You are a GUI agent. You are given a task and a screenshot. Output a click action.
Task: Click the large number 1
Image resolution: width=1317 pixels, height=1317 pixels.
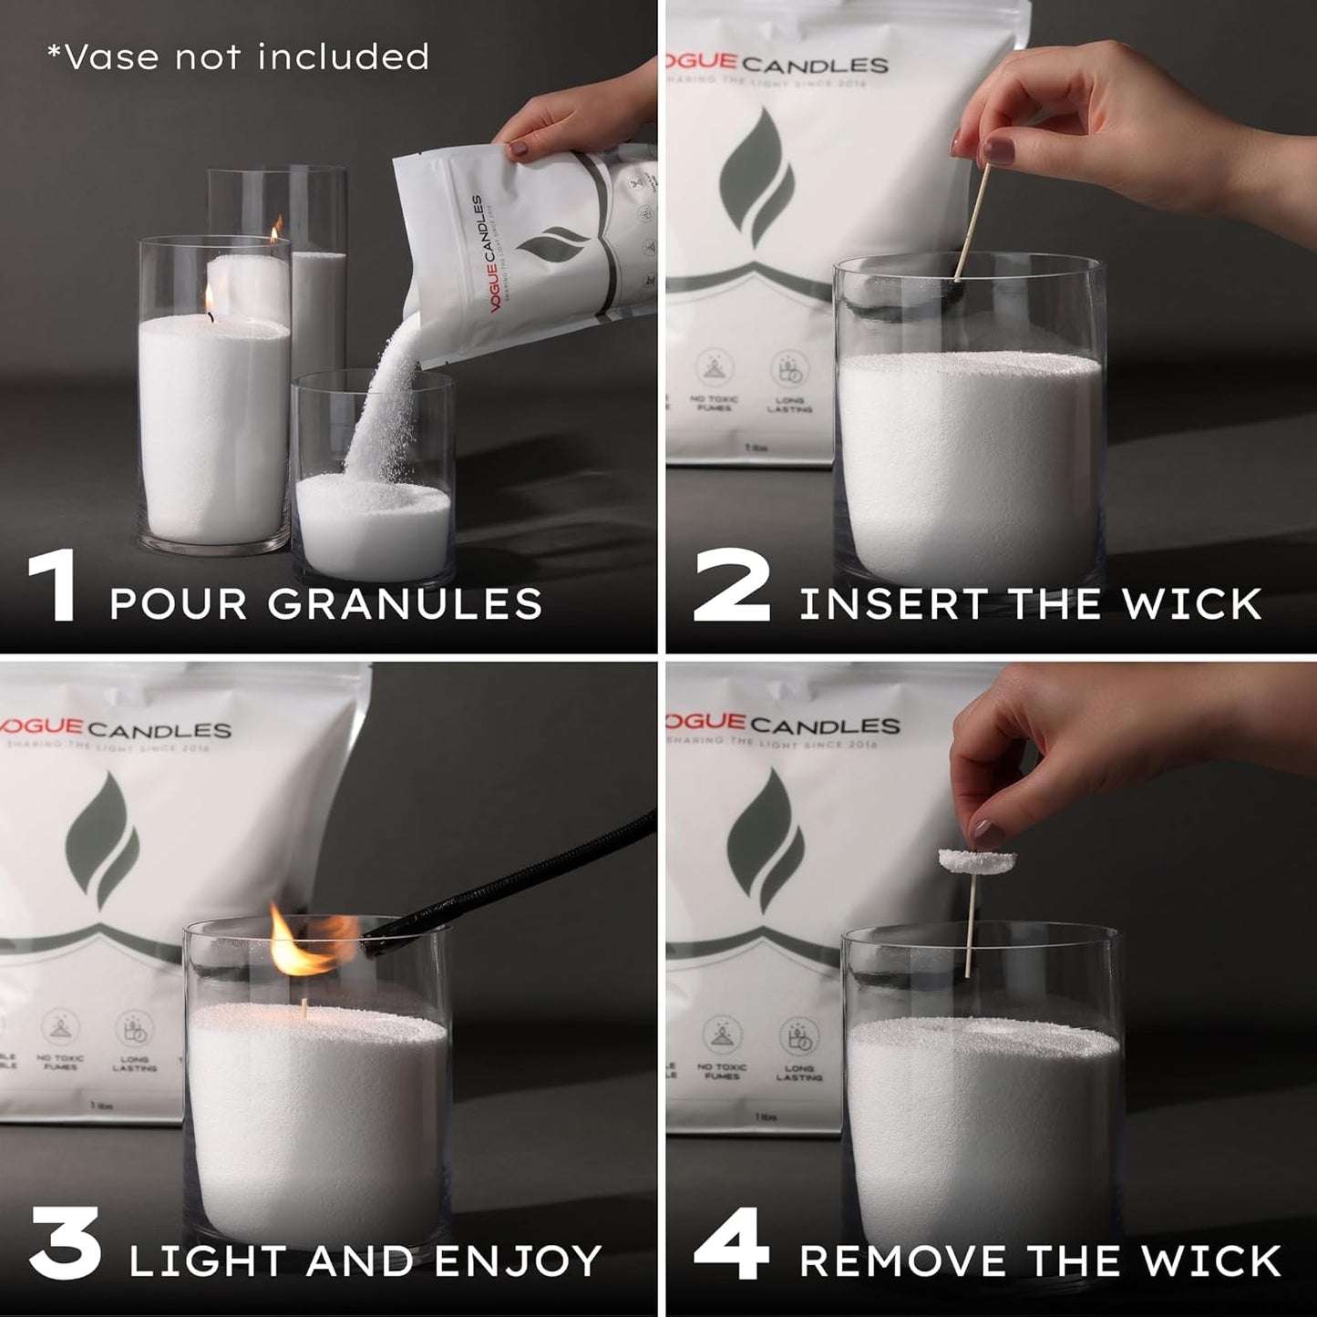(x=53, y=586)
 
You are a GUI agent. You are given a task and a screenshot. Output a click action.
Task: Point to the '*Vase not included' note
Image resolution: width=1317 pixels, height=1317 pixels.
(x=238, y=57)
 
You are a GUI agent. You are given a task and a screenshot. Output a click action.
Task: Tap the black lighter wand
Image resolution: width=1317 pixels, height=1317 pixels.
(x=510, y=876)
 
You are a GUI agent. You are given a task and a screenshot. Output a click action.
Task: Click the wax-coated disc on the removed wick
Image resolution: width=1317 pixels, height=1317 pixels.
(x=976, y=859)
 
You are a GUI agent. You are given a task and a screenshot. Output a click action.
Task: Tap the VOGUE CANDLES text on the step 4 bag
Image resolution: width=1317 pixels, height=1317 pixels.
(x=782, y=725)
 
